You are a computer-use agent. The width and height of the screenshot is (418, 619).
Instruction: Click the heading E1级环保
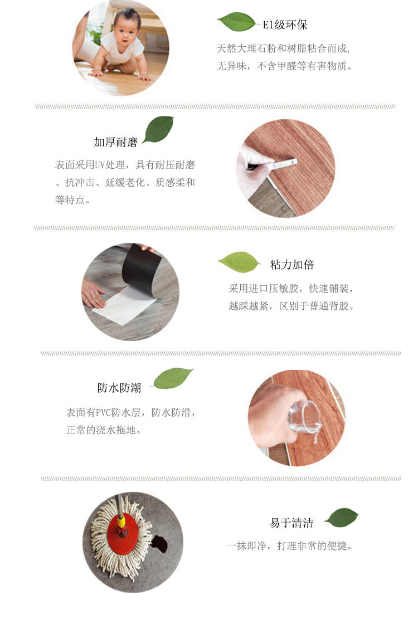pyautogui.click(x=285, y=25)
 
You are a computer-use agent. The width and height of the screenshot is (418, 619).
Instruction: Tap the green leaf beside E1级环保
pyautogui.click(x=236, y=22)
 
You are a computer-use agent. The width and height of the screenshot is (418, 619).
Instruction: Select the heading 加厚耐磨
pyautogui.click(x=115, y=143)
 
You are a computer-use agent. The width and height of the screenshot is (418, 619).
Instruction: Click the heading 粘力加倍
pyautogui.click(x=292, y=265)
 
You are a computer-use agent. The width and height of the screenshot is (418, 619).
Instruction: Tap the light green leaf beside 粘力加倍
pyautogui.click(x=239, y=262)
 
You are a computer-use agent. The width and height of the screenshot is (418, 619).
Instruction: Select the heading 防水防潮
pyautogui.click(x=119, y=388)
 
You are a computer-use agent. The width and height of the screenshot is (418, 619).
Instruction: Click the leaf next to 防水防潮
pyautogui.click(x=173, y=378)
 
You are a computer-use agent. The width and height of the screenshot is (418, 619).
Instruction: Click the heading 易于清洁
pyautogui.click(x=291, y=523)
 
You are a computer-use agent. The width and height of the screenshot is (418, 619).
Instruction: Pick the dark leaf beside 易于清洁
pyautogui.click(x=341, y=517)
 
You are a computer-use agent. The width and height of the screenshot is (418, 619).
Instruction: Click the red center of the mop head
pyautogui.click(x=120, y=524)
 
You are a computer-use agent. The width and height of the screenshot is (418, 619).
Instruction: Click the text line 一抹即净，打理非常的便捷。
pyautogui.click(x=290, y=546)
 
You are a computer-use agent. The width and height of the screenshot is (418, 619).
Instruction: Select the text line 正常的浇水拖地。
pyautogui.click(x=104, y=430)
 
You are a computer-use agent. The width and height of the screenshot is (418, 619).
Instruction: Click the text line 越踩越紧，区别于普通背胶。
pyautogui.click(x=291, y=306)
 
